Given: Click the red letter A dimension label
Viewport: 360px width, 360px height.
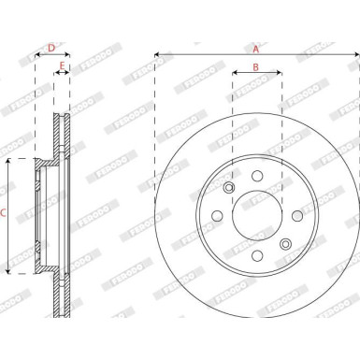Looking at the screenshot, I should point(255,45).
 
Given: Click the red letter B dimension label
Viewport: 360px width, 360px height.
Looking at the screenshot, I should point(255,68).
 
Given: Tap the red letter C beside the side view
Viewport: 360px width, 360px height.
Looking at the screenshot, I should point(6,215).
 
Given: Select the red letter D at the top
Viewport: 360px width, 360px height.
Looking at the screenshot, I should point(50,45).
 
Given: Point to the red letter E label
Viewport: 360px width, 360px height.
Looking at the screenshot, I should point(62,66).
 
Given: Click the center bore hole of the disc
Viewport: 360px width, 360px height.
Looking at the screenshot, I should point(255,217).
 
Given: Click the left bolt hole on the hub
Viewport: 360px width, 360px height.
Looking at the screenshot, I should point(218,217).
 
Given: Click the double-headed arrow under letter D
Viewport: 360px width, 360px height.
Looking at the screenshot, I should point(51,55).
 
